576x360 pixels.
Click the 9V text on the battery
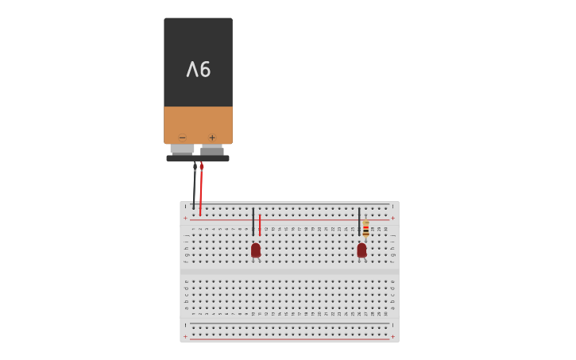pos(198,70)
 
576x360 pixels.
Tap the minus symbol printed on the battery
pos(182,137)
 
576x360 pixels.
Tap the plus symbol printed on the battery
pos(212,137)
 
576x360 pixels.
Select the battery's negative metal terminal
pos(182,149)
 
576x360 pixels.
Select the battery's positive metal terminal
pos(212,149)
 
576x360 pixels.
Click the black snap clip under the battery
pos(198,158)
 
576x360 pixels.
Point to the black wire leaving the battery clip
pos(194,187)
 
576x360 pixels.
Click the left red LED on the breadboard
pos(256,250)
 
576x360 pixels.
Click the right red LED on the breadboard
pos(361,250)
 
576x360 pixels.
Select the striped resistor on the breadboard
pos(365,229)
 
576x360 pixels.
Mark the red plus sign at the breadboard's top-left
pos(186,218)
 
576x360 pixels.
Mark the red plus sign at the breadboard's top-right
pos(392,218)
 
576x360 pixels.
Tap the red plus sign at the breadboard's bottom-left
pos(186,336)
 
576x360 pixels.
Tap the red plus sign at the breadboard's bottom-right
pos(392,336)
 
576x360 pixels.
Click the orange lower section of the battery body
pos(198,123)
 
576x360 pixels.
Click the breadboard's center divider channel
pos(290,271)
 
